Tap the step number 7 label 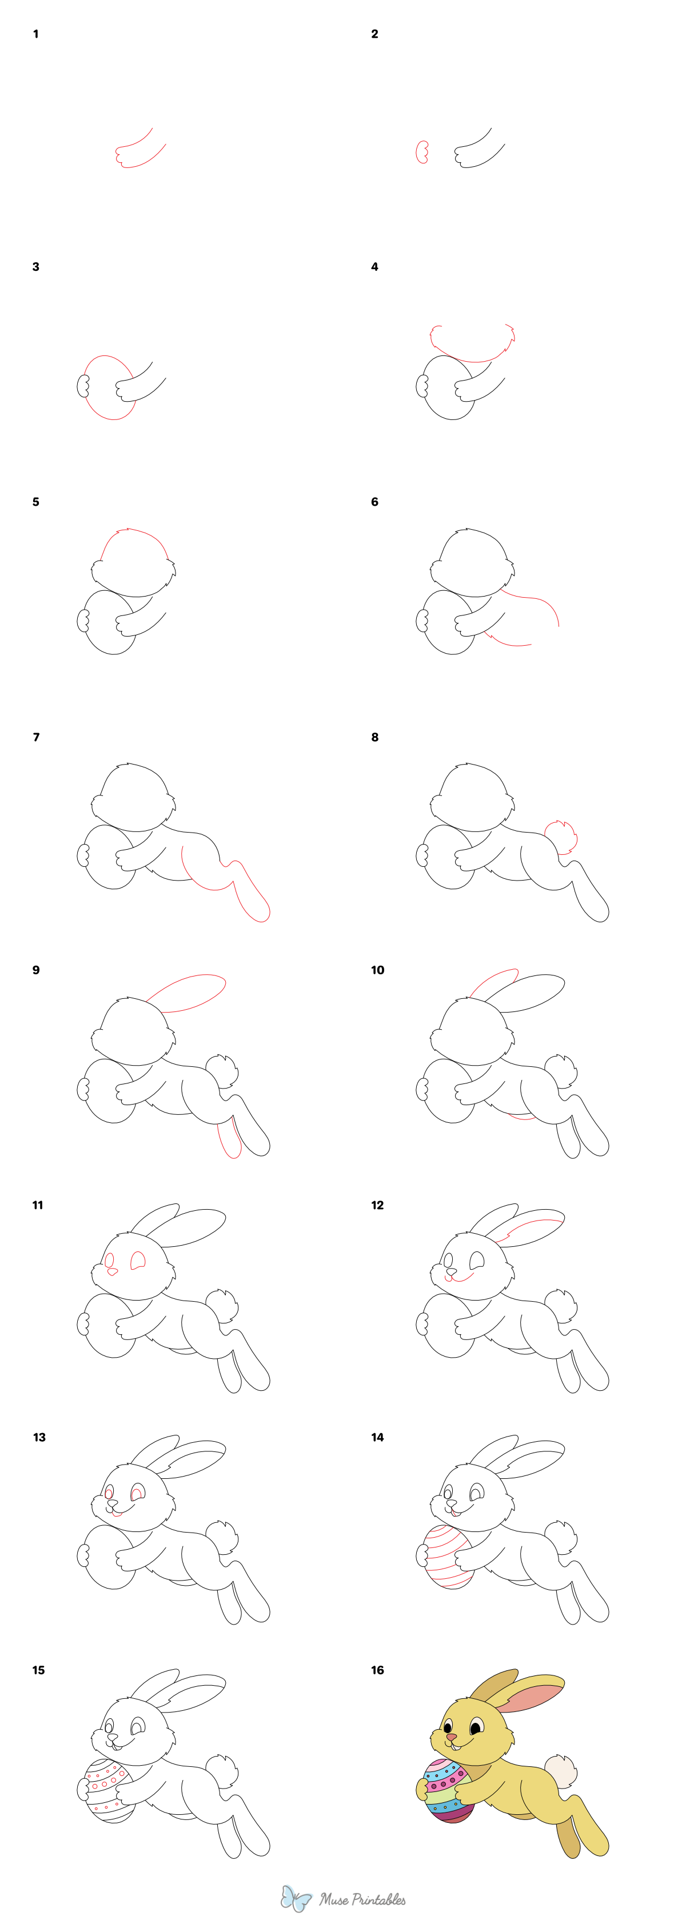coord(36,737)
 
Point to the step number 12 coord(377,1205)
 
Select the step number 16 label coord(377,1670)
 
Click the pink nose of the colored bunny coord(452,1737)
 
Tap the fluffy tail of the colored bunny coord(561,1771)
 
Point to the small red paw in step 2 coord(422,152)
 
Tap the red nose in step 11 coord(113,1271)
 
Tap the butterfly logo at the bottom coord(296,1898)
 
